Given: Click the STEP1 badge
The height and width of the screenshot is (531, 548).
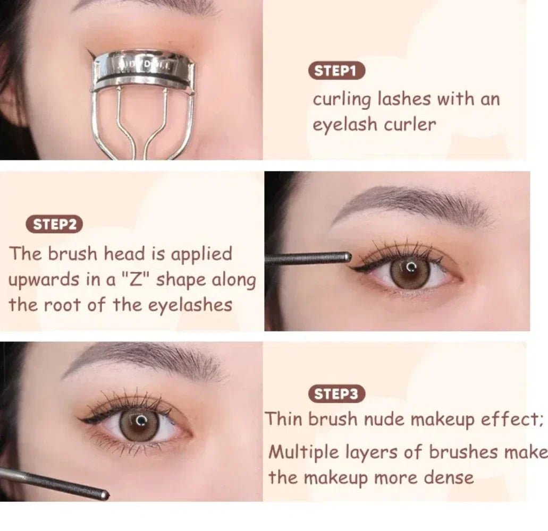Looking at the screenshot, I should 337,71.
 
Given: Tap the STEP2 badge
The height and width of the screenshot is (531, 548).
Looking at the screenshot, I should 55,225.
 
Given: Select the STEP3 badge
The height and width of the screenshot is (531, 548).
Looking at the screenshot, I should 337,394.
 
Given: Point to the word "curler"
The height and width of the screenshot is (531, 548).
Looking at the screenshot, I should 411,124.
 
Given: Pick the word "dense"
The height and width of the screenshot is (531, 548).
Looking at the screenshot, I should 448,477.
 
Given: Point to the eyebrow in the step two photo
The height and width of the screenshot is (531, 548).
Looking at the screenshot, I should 415,203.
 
